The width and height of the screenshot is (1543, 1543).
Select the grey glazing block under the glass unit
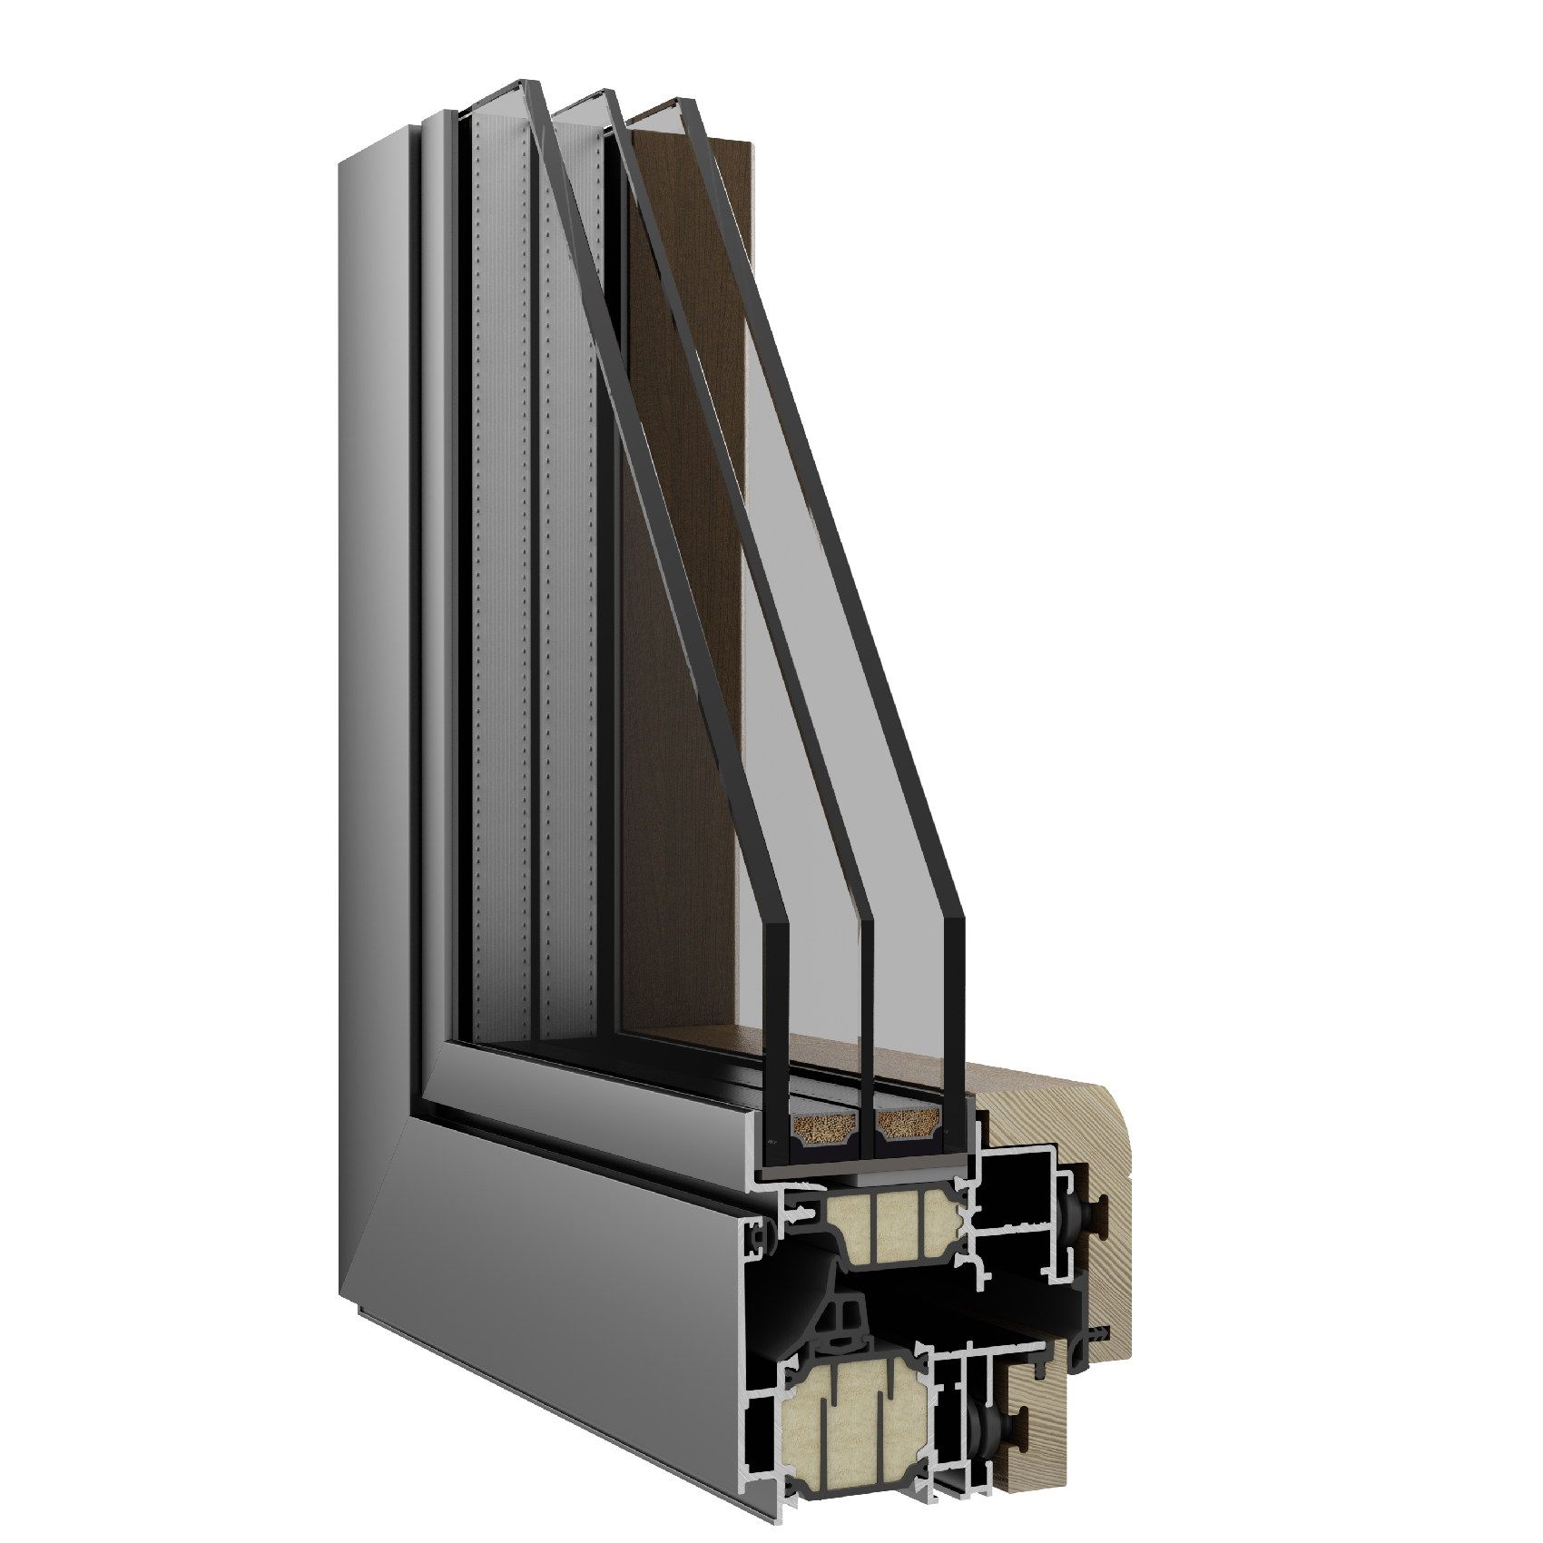(x=862, y=1173)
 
